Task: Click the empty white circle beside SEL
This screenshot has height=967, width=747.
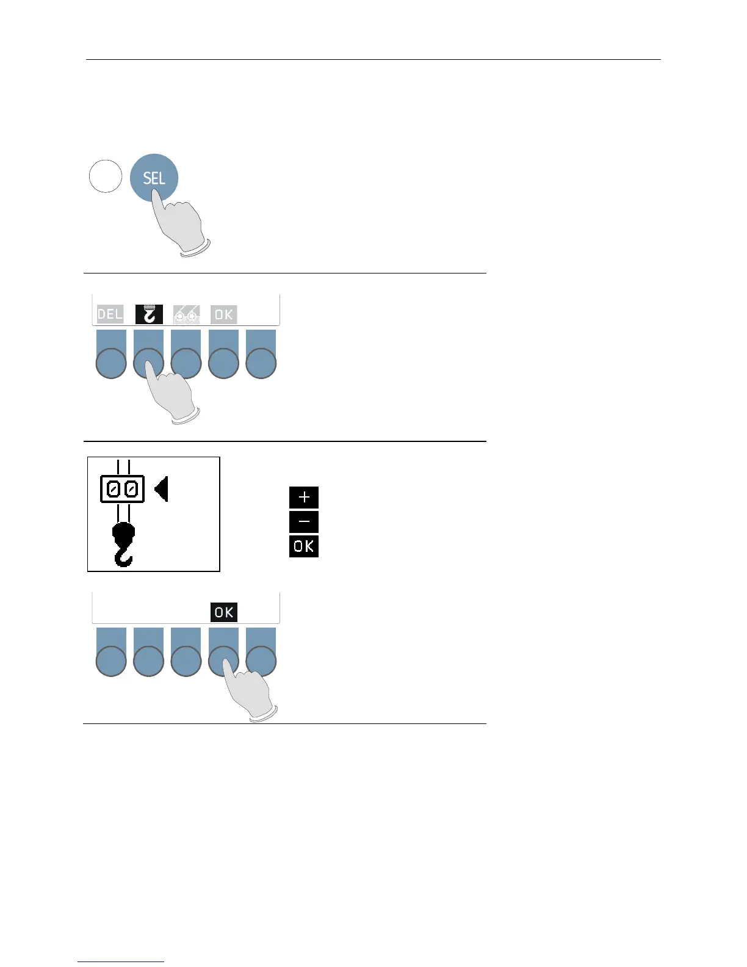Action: [106, 176]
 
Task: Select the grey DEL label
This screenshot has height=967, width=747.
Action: [110, 314]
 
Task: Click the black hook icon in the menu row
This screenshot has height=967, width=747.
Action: [149, 314]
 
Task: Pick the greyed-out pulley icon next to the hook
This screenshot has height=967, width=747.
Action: [186, 314]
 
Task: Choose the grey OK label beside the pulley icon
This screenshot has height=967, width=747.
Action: [223, 314]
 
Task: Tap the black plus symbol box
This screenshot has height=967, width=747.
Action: [304, 498]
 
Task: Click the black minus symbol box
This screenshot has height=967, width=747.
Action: [304, 522]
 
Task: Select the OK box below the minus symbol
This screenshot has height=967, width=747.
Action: [304, 546]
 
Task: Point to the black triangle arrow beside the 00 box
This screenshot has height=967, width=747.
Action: [162, 490]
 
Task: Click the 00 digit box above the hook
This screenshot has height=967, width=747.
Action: [123, 489]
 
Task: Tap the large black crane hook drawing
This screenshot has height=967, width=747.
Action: [124, 544]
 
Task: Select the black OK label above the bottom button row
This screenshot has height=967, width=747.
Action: [223, 612]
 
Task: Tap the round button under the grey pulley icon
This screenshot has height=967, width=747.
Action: [186, 364]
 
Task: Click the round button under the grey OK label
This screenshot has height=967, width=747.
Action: [223, 364]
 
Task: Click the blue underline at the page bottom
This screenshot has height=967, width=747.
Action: [121, 962]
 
